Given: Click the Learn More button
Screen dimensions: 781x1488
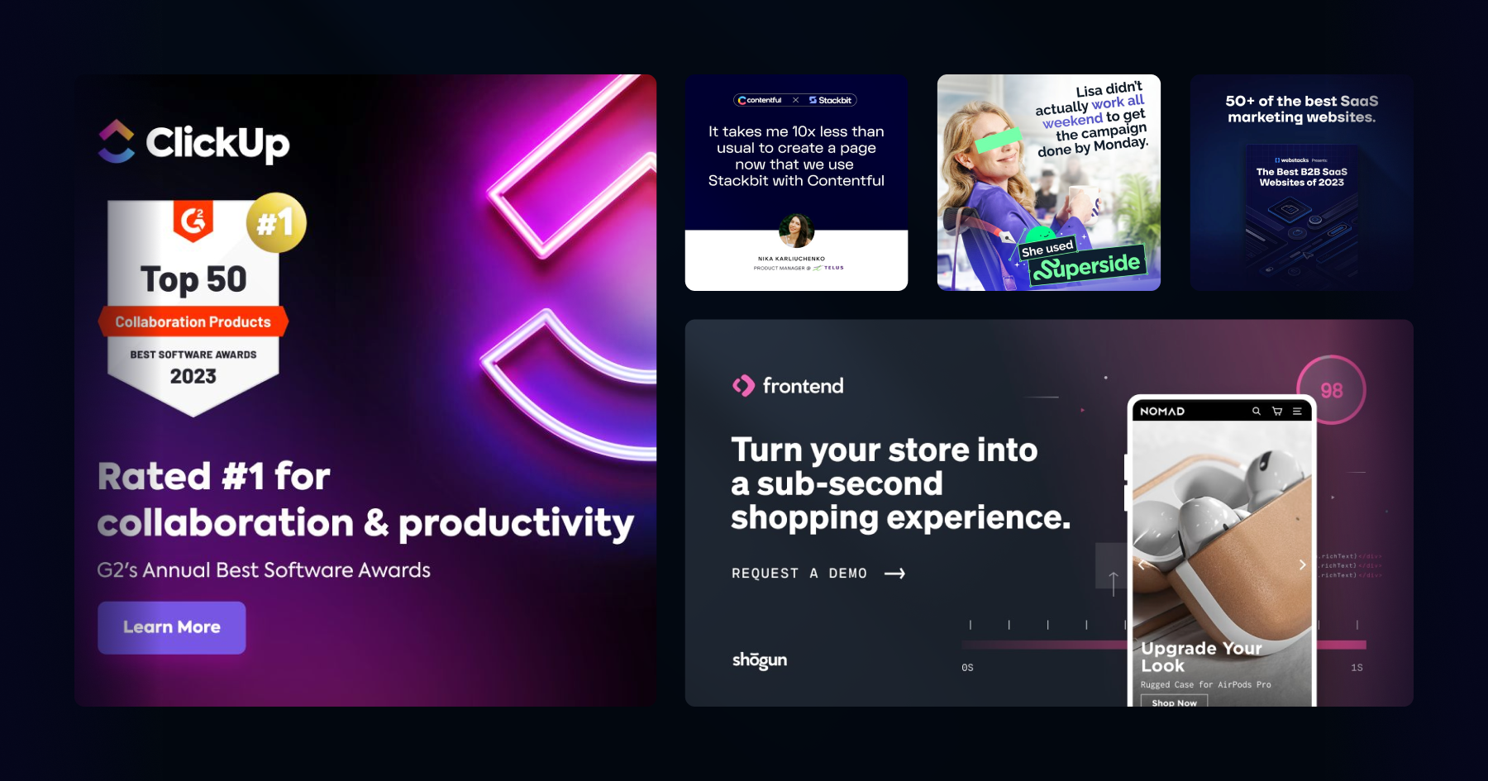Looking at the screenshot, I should (171, 627).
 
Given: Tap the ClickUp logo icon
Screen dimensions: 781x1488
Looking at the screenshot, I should (117, 141).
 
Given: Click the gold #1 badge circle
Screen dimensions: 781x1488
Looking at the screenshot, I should (276, 222).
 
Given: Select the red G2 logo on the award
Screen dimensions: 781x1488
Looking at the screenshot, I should (193, 221).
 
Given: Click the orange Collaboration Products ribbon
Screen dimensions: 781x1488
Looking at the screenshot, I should (193, 321).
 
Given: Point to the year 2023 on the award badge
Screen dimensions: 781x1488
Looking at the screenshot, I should (193, 377).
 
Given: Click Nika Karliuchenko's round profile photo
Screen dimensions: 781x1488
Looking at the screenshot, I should (796, 231).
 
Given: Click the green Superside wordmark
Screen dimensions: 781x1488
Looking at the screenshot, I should (1089, 266).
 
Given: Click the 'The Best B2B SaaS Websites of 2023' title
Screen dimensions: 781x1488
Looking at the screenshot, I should (1301, 177).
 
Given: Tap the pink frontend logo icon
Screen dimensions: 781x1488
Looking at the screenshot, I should (743, 386).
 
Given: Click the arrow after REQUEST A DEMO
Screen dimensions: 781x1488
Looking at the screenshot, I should (894, 574).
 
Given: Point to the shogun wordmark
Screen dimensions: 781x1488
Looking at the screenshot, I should (759, 660).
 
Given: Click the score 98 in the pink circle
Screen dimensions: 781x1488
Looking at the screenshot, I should (1331, 390).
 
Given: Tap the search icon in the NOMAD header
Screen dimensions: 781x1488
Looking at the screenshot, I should (1256, 411).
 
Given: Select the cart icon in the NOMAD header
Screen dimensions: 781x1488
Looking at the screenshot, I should (1277, 411).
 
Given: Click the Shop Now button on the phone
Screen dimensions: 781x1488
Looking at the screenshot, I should (1174, 702).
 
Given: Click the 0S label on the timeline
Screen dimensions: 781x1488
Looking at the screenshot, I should (967, 668).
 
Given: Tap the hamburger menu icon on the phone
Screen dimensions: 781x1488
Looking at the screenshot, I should (1297, 411).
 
